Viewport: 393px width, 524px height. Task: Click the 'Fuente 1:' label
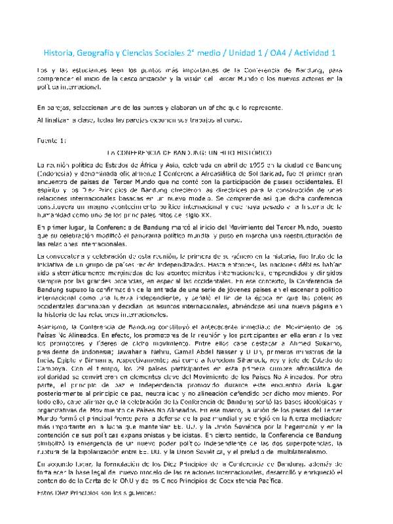pyautogui.click(x=52, y=141)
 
